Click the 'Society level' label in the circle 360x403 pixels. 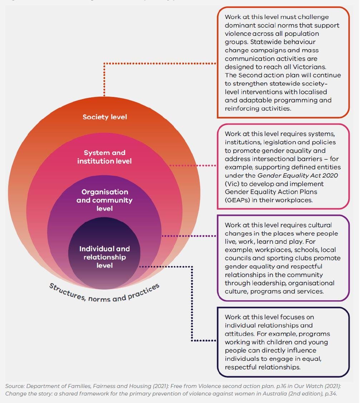pos(105,117)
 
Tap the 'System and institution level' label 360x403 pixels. pos(104,157)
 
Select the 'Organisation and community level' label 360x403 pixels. pos(104,200)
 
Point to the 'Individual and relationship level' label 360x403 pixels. pos(104,257)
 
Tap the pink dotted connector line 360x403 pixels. pos(193,165)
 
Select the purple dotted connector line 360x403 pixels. pos(189,236)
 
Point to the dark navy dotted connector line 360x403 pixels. pos(192,304)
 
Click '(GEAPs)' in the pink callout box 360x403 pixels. pos(237,200)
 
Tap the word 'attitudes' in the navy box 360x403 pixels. pos(238,334)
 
